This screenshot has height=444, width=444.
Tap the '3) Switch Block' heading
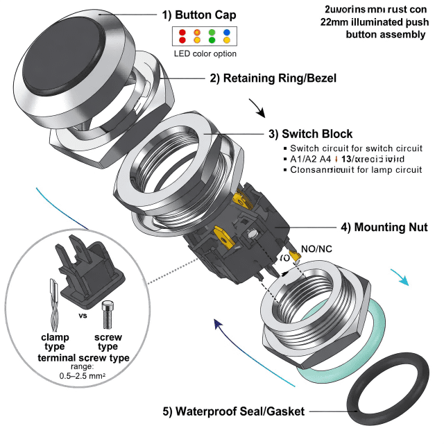pos(310,134)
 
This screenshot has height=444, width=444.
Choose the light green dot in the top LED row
pos(212,33)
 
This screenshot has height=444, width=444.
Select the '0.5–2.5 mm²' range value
pos(83,375)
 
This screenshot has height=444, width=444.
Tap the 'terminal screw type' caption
pos(83,357)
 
